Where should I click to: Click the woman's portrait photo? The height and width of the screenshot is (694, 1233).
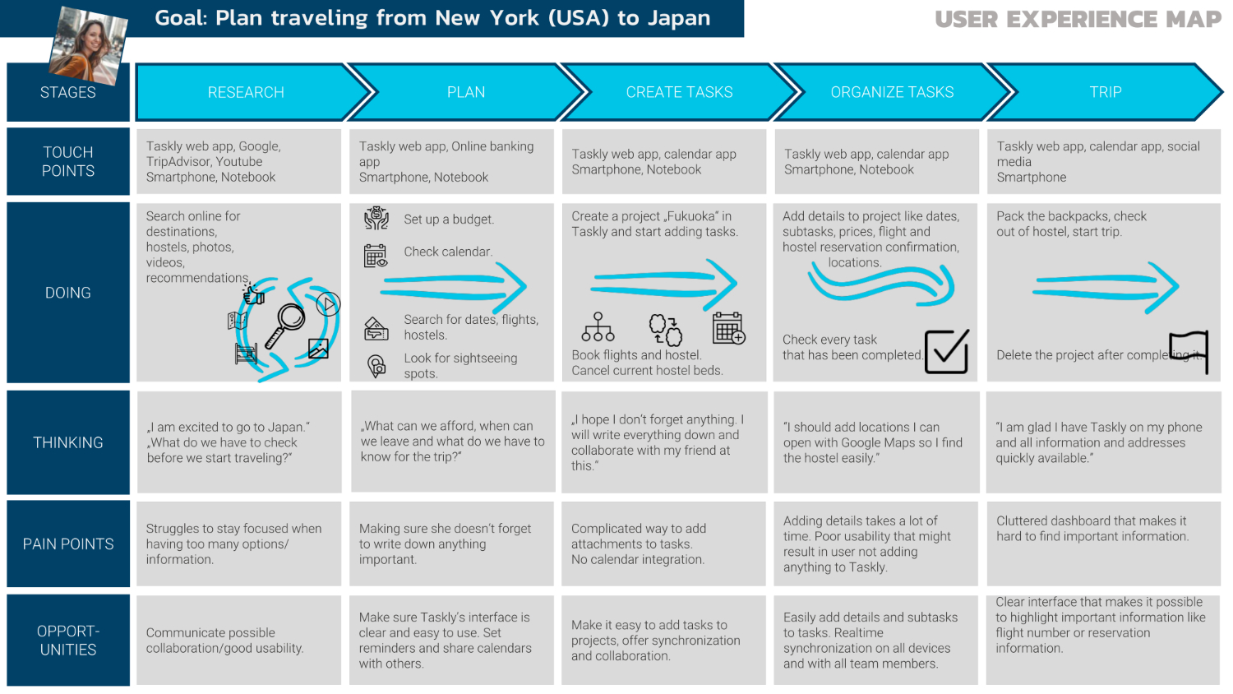click(89, 46)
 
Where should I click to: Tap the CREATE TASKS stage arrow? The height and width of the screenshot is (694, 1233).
click(679, 92)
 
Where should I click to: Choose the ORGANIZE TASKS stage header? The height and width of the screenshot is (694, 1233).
click(892, 92)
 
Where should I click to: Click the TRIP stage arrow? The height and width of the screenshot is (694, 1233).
click(1105, 92)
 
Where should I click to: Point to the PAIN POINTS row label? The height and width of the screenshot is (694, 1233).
click(68, 544)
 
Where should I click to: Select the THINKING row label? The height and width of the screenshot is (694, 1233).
click(68, 442)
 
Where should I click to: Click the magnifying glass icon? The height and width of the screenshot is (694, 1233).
click(285, 325)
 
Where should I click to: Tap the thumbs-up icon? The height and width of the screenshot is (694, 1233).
click(253, 294)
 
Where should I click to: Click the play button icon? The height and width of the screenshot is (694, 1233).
click(328, 304)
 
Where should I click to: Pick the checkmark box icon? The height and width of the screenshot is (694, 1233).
click(947, 351)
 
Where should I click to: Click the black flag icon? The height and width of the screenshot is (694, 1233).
click(1189, 351)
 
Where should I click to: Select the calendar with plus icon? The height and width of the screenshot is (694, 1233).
click(729, 328)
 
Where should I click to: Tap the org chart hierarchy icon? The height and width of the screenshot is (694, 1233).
click(598, 327)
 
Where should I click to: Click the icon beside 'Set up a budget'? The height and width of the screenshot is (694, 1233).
click(376, 218)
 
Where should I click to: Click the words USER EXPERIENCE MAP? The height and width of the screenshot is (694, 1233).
click(1078, 20)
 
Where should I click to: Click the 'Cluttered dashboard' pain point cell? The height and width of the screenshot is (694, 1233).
click(1104, 544)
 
